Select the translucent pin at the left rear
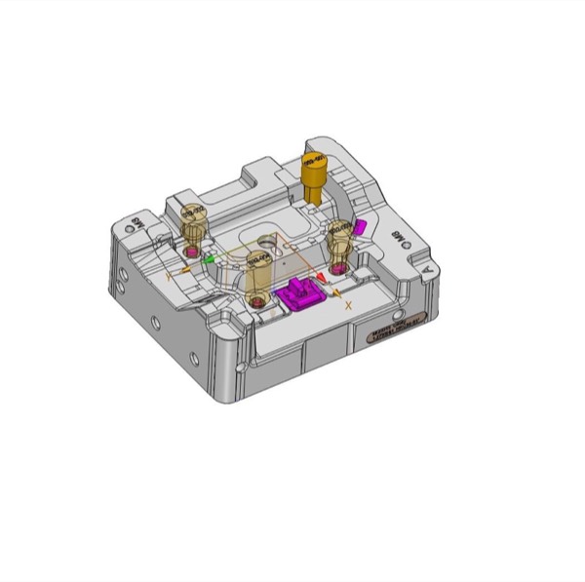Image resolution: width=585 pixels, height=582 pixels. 194,222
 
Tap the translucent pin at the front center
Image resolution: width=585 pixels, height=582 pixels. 257,273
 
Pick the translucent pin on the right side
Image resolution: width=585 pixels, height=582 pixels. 339,240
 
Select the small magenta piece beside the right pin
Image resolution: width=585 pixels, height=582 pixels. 360,226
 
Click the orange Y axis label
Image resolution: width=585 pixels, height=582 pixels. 170,278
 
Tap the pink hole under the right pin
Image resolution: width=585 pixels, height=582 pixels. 338,265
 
